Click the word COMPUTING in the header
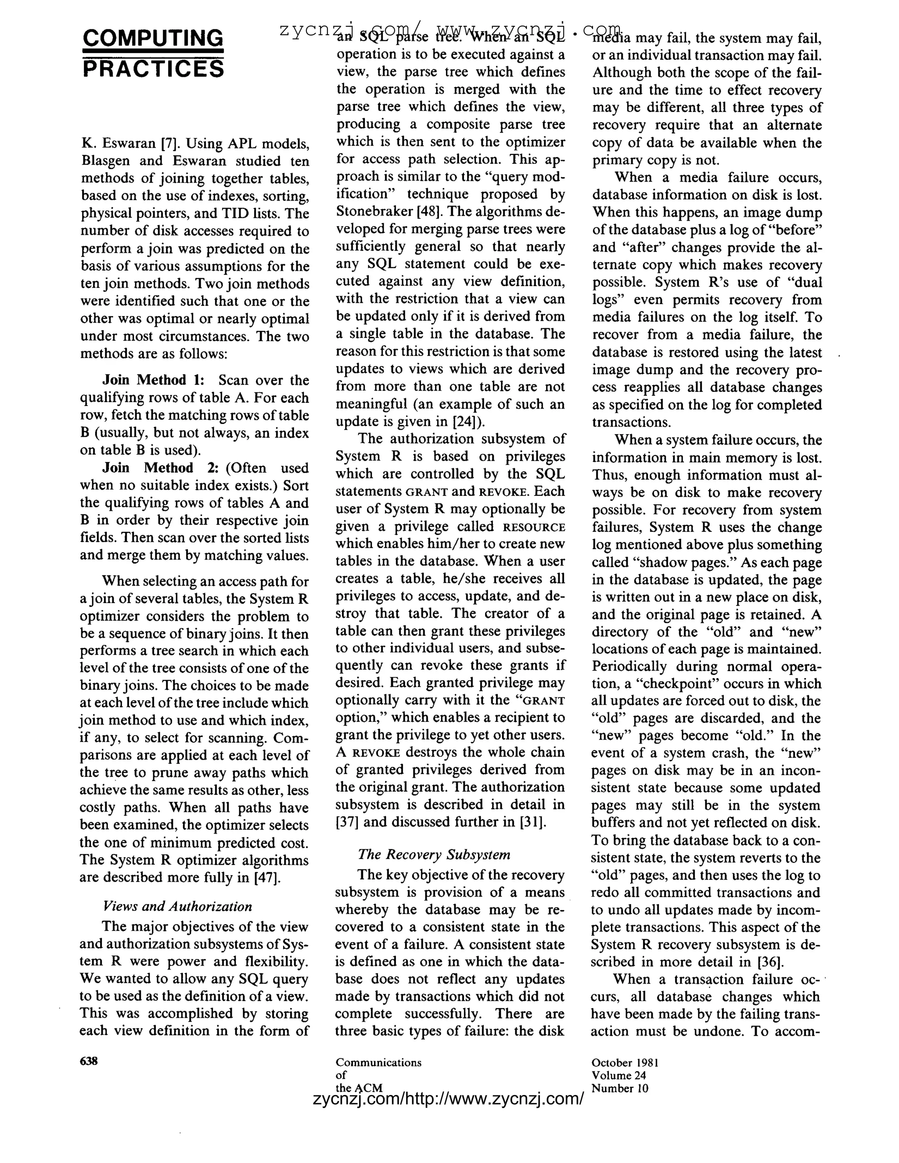[x=153, y=38]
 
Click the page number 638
[x=88, y=1061]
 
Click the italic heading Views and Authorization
[x=177, y=906]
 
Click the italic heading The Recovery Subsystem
[x=434, y=854]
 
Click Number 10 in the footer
[x=620, y=1088]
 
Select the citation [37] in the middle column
[x=348, y=822]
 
